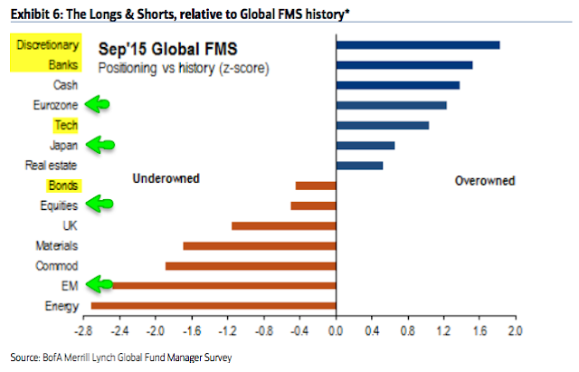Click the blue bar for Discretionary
pos(417,44)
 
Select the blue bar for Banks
pos(403,64)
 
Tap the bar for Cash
pos(397,85)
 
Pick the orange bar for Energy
pos(214,306)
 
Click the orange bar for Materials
pos(259,245)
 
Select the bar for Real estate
pos(359,165)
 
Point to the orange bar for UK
pos(283,225)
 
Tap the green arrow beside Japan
pos(103,144)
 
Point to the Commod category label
pos(56,266)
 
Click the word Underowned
pos(166,179)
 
